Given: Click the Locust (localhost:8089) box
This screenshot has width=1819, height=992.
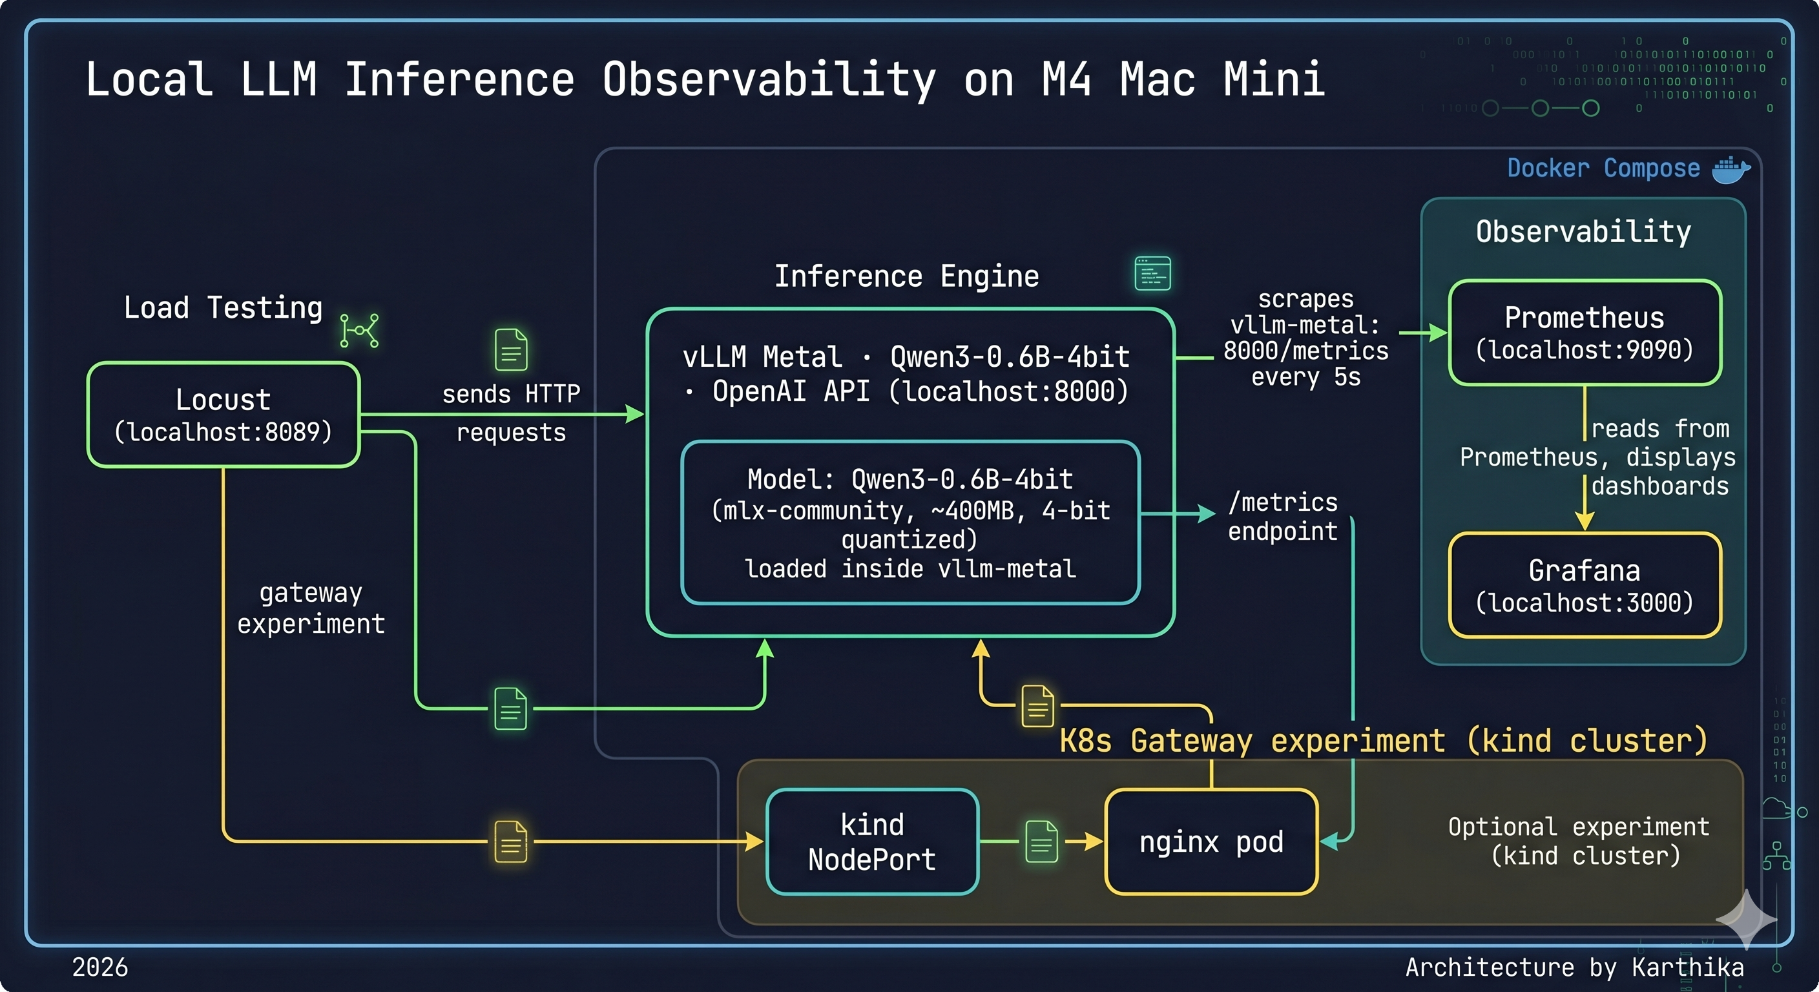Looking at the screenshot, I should click(x=223, y=415).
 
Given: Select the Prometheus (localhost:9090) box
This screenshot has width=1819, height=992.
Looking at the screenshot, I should click(x=1584, y=333).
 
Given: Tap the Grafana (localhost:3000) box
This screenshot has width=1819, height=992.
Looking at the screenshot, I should click(x=1584, y=585).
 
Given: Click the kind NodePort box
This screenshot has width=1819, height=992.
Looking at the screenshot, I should click(x=872, y=842).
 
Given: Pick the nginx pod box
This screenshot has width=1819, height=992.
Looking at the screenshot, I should click(x=1211, y=842).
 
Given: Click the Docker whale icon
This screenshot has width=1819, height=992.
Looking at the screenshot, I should click(x=1731, y=169).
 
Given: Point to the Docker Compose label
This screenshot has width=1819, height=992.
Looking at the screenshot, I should click(x=1603, y=169).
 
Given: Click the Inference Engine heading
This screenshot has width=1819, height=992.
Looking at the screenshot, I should click(x=907, y=276).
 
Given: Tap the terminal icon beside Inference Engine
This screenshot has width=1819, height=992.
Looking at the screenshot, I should click(x=1152, y=273).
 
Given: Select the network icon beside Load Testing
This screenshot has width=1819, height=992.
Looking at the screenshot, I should click(x=359, y=331).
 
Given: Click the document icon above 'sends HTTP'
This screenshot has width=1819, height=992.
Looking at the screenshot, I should click(x=511, y=349).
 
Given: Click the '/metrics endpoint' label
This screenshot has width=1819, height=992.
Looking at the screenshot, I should click(x=1282, y=516).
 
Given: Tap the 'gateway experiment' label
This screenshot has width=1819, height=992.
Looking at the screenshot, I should click(x=311, y=608).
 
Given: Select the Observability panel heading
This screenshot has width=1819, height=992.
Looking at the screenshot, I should click(x=1583, y=232).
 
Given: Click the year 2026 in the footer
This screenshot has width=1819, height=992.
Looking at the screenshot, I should click(x=100, y=967).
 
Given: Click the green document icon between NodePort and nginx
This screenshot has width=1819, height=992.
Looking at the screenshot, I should click(x=1041, y=841).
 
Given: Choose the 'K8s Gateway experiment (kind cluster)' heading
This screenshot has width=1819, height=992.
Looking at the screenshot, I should click(x=1382, y=741).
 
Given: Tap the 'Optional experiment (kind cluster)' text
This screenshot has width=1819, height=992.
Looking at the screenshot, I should click(x=1579, y=841).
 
